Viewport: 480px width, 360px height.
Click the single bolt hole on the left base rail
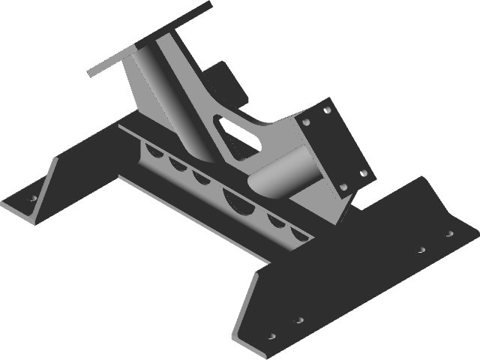click(32, 199)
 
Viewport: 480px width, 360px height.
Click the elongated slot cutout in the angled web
click(236, 130)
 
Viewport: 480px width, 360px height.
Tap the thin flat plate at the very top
click(150, 37)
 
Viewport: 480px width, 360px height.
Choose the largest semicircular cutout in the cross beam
click(238, 199)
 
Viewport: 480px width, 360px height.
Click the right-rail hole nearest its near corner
click(272, 335)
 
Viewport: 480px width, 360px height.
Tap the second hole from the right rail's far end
click(422, 249)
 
